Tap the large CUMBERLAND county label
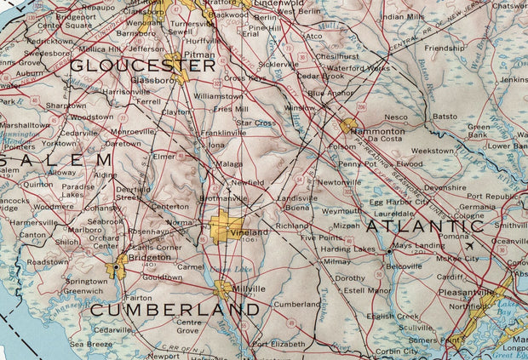(175, 310)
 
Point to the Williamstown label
(218, 96)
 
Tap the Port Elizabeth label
(278, 345)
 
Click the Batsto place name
(445, 116)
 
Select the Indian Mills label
(403, 16)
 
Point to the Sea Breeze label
(91, 344)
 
